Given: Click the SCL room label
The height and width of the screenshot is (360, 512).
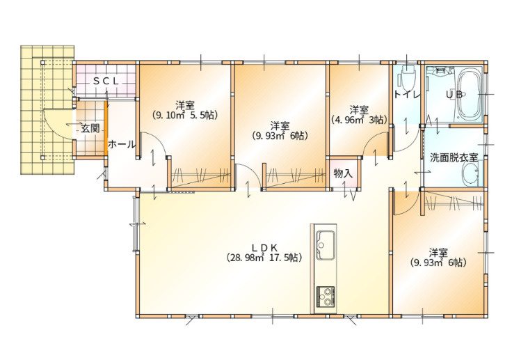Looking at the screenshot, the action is [x=106, y=81].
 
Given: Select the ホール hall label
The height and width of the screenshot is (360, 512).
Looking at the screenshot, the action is [x=122, y=144].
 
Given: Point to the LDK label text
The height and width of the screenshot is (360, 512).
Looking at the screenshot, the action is [x=264, y=247].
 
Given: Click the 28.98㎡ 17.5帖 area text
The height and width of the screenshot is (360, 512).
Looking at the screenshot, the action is [x=264, y=258].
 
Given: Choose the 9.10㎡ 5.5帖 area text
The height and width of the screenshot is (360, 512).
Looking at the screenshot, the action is [x=185, y=115].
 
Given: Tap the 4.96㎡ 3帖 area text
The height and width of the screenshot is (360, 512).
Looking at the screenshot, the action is [x=360, y=120].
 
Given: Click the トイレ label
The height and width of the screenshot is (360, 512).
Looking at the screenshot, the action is [x=406, y=95].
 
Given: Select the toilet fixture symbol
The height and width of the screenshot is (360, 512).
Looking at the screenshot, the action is [x=406, y=77].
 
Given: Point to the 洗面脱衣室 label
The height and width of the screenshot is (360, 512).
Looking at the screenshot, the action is [x=454, y=157].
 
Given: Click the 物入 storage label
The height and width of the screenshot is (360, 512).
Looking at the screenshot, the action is [x=343, y=173].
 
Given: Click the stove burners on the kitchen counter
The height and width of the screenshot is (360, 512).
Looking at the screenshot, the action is [x=325, y=297].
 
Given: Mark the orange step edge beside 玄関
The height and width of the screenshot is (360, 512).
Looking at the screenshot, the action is [x=106, y=129].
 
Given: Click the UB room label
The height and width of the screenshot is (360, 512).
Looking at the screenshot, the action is [x=454, y=95].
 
